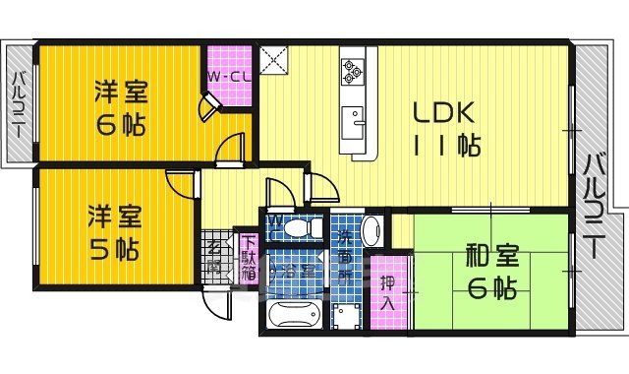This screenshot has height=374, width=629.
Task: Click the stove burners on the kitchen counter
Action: pyautogui.click(x=354, y=70)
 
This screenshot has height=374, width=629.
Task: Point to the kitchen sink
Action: pyautogui.click(x=354, y=123)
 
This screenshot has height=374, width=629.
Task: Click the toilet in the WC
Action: pyautogui.click(x=297, y=226)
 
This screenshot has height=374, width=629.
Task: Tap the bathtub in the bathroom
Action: pyautogui.click(x=294, y=317)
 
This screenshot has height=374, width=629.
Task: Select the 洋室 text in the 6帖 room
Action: pyautogui.click(x=121, y=93)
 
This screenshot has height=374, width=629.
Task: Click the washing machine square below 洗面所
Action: pyautogui.click(x=345, y=319)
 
